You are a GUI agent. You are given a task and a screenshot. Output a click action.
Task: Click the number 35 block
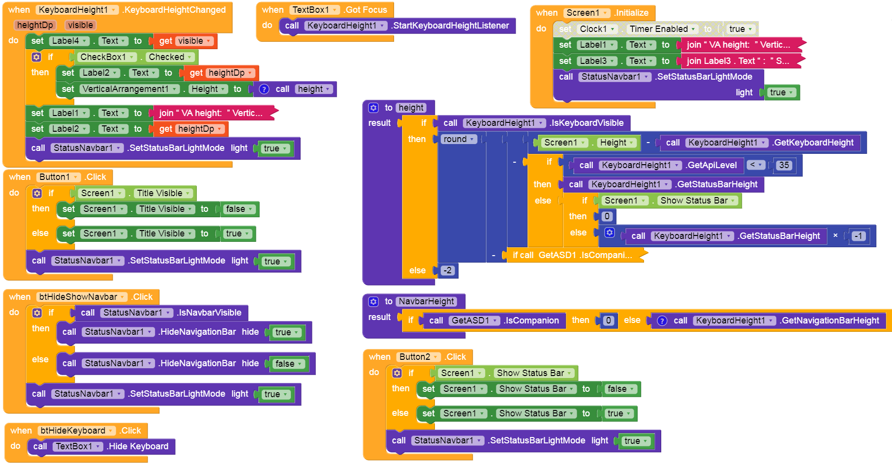tap(784, 165)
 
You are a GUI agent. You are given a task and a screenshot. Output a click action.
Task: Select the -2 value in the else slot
tap(447, 270)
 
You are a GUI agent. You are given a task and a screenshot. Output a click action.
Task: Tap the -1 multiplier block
tap(859, 236)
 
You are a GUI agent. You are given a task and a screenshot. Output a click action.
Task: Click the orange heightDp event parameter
tap(35, 25)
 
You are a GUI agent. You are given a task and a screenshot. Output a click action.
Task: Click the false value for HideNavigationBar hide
tap(289, 364)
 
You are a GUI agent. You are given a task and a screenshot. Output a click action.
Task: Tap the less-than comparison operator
tap(755, 165)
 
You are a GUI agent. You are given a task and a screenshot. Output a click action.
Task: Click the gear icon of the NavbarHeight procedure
tap(373, 301)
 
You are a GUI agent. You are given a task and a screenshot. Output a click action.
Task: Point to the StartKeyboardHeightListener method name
tap(450, 26)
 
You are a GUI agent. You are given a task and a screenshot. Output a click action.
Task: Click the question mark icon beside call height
tap(264, 89)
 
